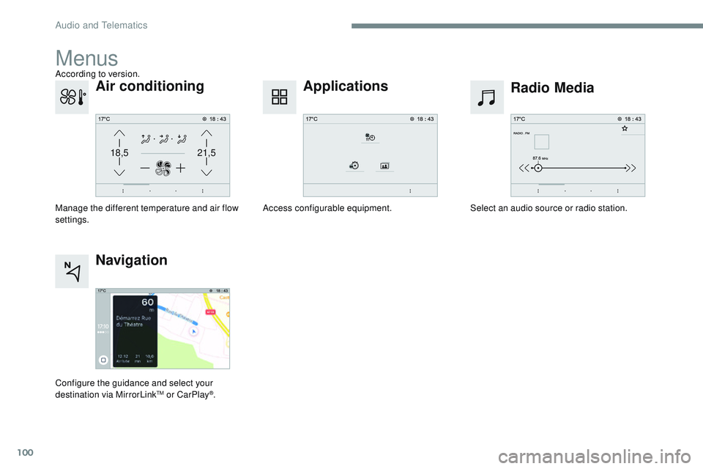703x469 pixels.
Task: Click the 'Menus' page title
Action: [x=86, y=57]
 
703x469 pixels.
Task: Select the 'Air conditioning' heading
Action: [x=150, y=86]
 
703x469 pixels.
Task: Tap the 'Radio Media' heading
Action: [x=552, y=89]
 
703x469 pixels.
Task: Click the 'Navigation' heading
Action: [x=132, y=260]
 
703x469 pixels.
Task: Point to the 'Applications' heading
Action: [x=346, y=86]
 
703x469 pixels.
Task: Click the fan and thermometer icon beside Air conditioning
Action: [x=72, y=97]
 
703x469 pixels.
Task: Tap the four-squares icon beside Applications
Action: [x=280, y=97]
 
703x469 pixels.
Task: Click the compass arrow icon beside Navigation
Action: [x=72, y=271]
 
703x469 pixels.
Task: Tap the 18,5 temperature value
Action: [x=119, y=153]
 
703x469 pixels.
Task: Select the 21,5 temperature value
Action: [x=207, y=153]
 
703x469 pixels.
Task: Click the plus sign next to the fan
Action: [x=181, y=167]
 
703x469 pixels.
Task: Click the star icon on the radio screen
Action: [x=624, y=128]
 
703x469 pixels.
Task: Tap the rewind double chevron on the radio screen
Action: [x=524, y=168]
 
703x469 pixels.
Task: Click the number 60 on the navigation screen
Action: [x=148, y=303]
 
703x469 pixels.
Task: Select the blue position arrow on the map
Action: [x=193, y=330]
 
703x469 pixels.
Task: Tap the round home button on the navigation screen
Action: [x=103, y=361]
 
